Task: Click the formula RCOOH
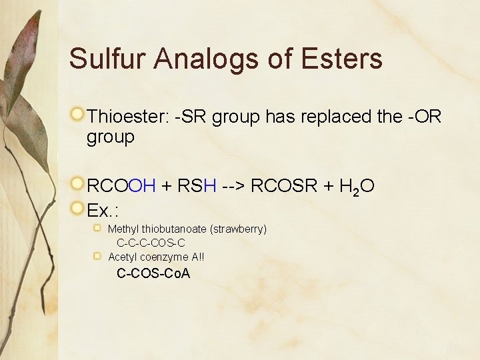click(x=121, y=187)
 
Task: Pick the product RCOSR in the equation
click(x=285, y=187)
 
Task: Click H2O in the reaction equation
click(x=357, y=187)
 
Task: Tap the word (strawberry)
click(x=238, y=229)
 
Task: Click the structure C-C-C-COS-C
click(x=151, y=243)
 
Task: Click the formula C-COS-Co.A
click(x=153, y=273)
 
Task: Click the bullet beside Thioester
click(x=78, y=115)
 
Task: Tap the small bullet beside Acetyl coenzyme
click(x=98, y=256)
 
